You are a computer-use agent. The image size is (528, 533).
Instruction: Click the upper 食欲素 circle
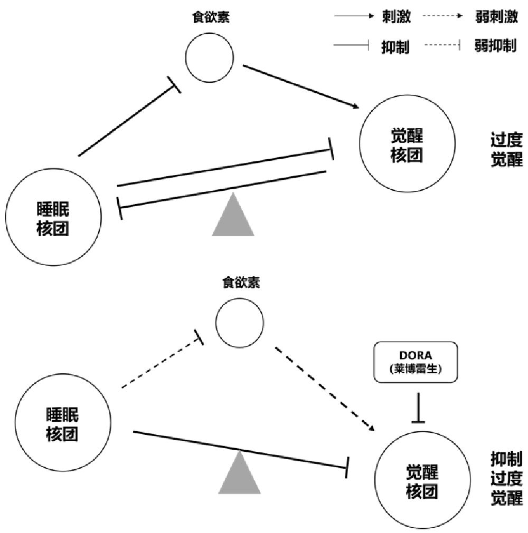click(210, 59)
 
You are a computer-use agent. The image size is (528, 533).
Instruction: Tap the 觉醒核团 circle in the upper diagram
click(406, 148)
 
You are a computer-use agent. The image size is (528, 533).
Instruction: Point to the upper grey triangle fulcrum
click(233, 217)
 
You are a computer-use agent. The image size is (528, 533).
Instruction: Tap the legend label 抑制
click(395, 47)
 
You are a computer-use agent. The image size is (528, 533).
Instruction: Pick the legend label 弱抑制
click(495, 46)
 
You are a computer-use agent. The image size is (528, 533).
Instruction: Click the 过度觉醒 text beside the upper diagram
click(506, 150)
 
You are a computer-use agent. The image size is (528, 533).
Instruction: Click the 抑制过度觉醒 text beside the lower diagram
click(506, 478)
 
